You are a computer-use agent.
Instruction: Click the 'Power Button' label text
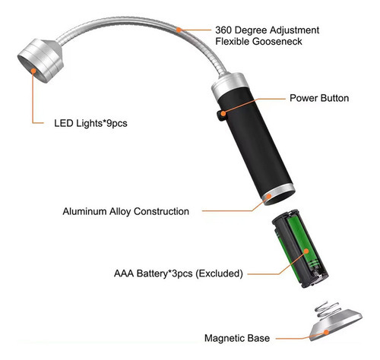[319, 98]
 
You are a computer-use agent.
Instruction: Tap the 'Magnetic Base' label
[237, 338]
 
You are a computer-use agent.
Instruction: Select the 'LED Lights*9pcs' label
[90, 123]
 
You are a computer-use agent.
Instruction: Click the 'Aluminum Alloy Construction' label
[126, 211]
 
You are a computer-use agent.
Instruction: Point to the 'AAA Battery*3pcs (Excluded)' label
[179, 273]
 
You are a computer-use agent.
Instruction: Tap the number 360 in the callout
[223, 30]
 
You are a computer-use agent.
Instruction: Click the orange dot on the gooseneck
[179, 30]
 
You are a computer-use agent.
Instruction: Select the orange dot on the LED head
[33, 71]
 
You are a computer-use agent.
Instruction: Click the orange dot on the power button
[223, 113]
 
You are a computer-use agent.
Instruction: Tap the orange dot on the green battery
[306, 251]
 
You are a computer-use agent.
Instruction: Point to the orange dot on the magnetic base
[327, 332]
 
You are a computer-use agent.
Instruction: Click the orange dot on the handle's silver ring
[269, 195]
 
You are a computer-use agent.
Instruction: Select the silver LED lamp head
[40, 60]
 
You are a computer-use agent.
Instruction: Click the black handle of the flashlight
[253, 142]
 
